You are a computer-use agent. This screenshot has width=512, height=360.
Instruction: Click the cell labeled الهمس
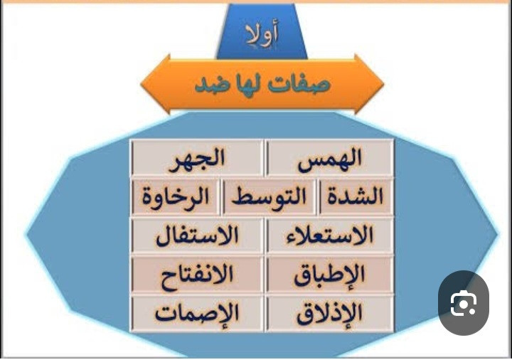click(x=330, y=158)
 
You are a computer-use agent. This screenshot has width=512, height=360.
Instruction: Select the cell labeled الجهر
click(x=197, y=158)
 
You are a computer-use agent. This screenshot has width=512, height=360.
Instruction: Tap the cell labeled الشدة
click(x=356, y=196)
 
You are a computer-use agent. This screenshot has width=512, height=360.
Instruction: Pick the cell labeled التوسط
click(x=269, y=196)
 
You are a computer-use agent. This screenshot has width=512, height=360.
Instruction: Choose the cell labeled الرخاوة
click(x=176, y=196)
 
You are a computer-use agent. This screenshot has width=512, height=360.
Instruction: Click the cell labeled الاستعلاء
click(x=330, y=235)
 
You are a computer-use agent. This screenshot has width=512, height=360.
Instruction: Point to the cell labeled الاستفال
click(x=197, y=235)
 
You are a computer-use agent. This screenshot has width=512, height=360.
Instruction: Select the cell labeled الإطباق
click(x=330, y=274)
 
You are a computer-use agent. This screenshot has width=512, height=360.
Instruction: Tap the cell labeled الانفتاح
click(x=197, y=274)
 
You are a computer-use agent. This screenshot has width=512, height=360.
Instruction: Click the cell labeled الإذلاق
click(x=330, y=313)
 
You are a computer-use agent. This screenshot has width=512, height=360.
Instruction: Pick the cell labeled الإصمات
click(x=197, y=313)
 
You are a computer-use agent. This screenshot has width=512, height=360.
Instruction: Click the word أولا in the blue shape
click(x=262, y=34)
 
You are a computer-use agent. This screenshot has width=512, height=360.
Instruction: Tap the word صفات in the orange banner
click(x=299, y=84)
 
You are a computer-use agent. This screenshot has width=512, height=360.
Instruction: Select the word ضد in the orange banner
click(x=210, y=84)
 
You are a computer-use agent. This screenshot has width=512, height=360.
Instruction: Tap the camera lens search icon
click(x=464, y=303)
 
